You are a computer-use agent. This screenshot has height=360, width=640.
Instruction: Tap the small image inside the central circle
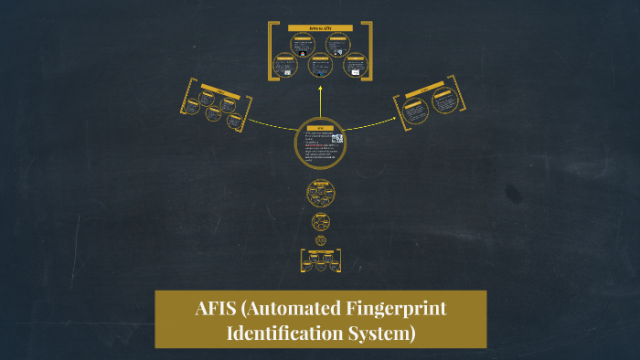click(x=337, y=139)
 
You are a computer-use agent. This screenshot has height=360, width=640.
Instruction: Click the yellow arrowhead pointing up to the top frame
click(x=320, y=89)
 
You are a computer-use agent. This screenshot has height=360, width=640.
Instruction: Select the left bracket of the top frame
click(x=272, y=50)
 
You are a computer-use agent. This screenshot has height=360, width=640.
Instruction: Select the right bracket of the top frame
click(x=368, y=50)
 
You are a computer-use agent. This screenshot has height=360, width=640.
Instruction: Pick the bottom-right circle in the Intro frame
click(x=353, y=65)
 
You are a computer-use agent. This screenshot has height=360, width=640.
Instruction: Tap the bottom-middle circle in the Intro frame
click(x=320, y=65)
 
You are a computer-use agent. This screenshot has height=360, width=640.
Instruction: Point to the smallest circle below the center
click(x=321, y=240)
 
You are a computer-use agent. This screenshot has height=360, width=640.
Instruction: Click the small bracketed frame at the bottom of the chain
click(x=320, y=260)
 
